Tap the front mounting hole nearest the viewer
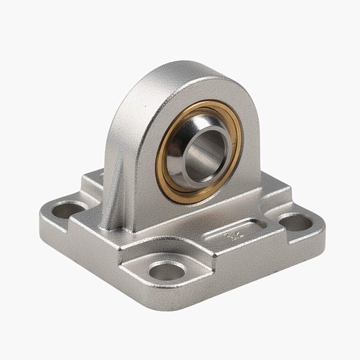coord(164,271)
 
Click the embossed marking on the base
coord(233,236)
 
